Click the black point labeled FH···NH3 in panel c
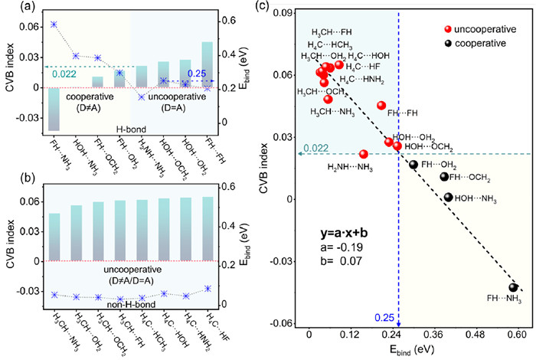tap(515, 287)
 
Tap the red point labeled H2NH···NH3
tap(364, 154)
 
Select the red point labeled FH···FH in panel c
tap(381, 105)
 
